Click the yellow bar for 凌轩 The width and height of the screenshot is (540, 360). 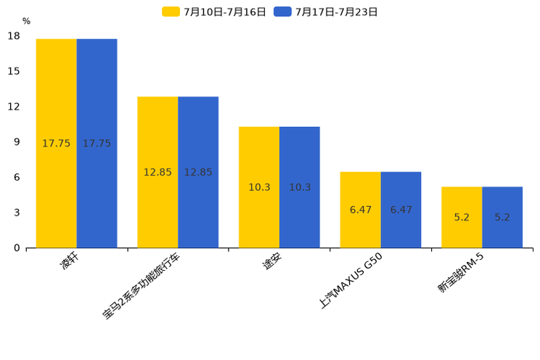pos(56,143)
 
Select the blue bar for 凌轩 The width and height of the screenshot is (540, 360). pos(97,143)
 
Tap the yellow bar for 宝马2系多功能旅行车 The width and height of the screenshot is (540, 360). pos(157,172)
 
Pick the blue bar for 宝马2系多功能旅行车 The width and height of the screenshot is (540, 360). pos(198,172)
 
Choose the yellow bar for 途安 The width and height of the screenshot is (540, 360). pos(259,187)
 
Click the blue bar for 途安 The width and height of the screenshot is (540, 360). pos(300,187)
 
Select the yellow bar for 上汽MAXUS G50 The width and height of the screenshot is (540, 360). pos(361,210)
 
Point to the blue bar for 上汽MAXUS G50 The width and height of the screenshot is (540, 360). pos(401,210)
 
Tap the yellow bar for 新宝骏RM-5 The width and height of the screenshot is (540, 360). pos(462,217)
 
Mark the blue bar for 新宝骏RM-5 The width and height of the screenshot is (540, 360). pos(502,217)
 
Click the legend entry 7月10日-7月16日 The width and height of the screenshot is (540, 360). pos(214,12)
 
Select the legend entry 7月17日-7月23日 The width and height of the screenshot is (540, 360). pos(326,12)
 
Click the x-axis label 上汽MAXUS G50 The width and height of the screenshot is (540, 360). pos(351,280)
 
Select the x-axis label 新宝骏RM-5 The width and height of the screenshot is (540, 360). pos(460,274)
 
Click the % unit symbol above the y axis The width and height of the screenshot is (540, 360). pos(26,21)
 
